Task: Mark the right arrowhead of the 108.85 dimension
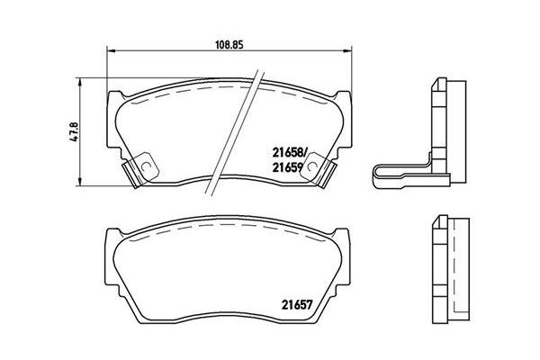tap(347, 51)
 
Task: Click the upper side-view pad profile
tap(450, 126)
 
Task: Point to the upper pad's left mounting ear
tap(112, 99)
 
